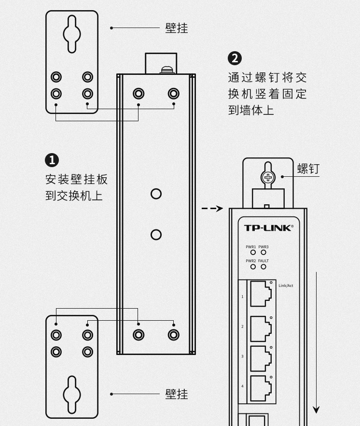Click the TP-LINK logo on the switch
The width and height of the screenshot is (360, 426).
click(x=268, y=228)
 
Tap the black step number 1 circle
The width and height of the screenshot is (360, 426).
click(x=52, y=160)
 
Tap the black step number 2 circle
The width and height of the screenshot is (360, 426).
click(x=235, y=58)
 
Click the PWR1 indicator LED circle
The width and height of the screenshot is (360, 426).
click(x=253, y=252)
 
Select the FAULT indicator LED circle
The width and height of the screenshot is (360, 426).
click(x=263, y=267)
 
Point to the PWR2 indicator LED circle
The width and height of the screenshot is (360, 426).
click(x=253, y=267)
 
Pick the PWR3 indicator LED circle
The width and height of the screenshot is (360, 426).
click(x=263, y=252)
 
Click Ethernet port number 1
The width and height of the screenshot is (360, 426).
click(x=261, y=294)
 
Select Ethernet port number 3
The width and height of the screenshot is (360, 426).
click(x=261, y=357)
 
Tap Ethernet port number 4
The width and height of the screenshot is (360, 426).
click(x=261, y=387)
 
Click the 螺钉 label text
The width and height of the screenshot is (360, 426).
click(x=308, y=169)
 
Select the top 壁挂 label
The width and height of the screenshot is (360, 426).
click(x=177, y=28)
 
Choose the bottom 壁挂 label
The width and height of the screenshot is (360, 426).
click(x=177, y=394)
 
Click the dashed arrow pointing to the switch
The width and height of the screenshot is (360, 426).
click(x=212, y=209)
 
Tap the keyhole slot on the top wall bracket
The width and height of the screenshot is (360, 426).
click(x=72, y=34)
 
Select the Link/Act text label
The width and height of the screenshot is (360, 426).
click(x=286, y=285)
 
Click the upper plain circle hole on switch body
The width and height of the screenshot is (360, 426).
click(x=156, y=194)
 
